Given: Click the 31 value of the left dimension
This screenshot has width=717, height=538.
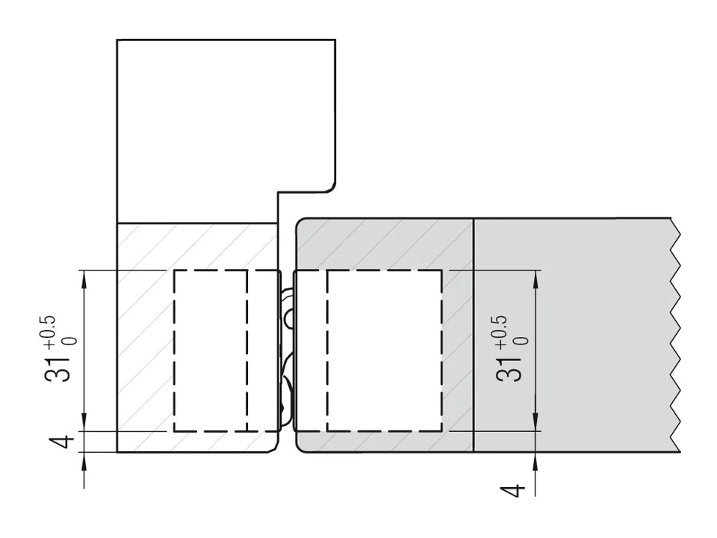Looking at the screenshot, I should (60, 364).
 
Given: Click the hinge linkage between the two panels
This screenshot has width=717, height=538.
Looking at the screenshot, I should (287, 351).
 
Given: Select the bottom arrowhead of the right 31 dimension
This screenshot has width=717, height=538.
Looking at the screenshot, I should (535, 424).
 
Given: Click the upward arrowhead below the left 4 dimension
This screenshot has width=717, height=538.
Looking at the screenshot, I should (84, 460).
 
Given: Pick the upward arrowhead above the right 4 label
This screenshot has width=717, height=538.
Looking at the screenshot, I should (535, 460).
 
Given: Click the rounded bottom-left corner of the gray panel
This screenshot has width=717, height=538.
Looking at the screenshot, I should (300, 448).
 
